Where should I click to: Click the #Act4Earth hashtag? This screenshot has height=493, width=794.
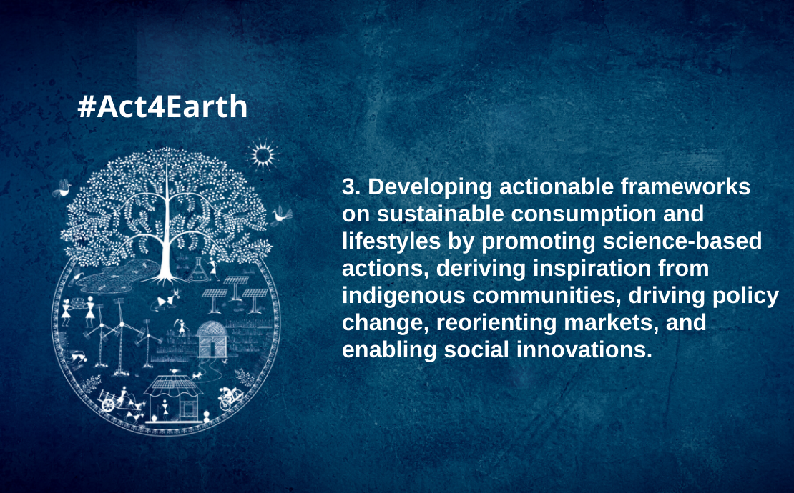coord(162,106)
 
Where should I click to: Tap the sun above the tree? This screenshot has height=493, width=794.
coord(263,155)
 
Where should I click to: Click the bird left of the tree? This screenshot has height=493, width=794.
coord(62,188)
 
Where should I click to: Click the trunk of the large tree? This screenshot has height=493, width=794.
coord(165,253)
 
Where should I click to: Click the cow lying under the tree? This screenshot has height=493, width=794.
coord(168,299)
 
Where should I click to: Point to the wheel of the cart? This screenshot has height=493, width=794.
coord(107,404)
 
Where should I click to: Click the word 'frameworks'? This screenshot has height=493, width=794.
coord(686,187)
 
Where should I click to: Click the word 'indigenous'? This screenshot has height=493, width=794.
coord(403,296)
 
